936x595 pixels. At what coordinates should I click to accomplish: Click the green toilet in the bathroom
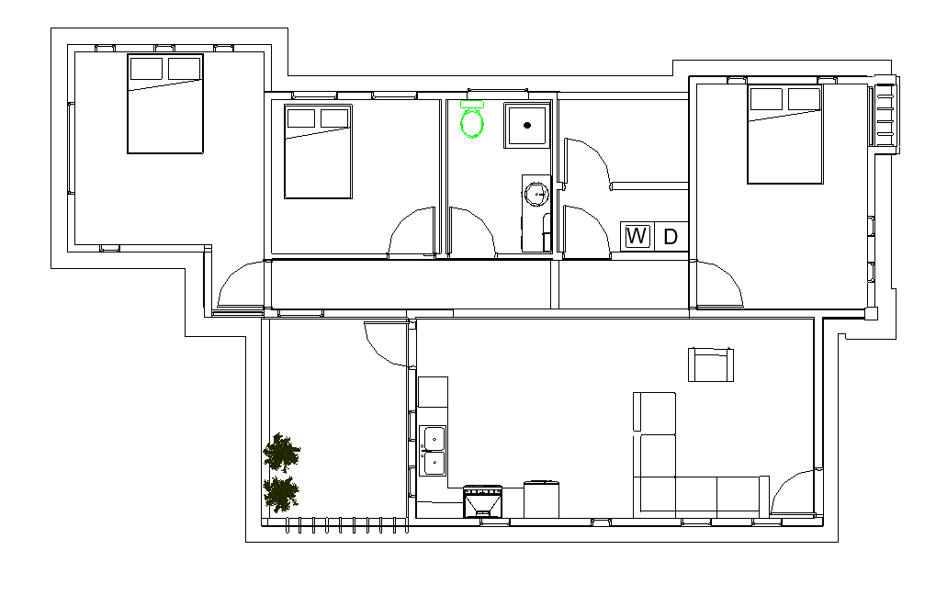471,119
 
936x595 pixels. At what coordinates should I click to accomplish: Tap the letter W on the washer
637,236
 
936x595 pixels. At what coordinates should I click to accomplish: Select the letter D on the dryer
671,237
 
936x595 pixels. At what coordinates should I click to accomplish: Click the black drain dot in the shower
527,125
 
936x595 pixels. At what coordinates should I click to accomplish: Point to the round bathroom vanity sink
536,194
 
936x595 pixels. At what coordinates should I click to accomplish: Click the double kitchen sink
433,451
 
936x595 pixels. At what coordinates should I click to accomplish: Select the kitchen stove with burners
483,501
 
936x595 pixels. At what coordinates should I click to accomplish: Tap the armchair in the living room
710,364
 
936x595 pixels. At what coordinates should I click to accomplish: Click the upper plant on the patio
281,453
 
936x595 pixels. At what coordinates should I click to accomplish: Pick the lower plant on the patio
280,493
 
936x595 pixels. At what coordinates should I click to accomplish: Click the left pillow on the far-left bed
146,69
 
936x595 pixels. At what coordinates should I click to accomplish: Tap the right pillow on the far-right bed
804,99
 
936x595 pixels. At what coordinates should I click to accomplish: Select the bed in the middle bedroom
318,152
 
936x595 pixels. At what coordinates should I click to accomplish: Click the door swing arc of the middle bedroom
401,220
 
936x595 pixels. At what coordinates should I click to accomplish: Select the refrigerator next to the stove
541,500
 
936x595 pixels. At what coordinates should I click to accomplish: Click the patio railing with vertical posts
340,524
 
